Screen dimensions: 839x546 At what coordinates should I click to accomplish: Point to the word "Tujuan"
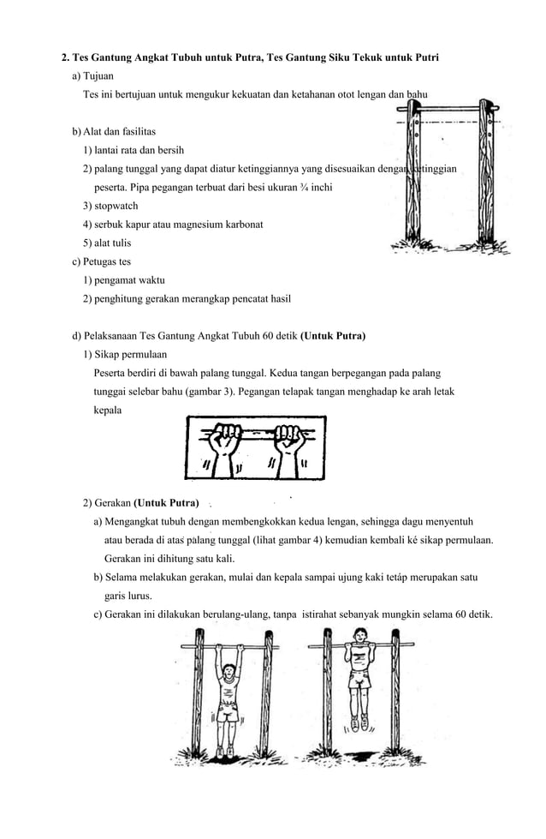point(98,76)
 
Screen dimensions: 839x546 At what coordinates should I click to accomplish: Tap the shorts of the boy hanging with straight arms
point(228,712)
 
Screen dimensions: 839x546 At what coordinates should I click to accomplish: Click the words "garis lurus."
point(130,596)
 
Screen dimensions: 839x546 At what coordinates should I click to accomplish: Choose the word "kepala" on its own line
point(108,411)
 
